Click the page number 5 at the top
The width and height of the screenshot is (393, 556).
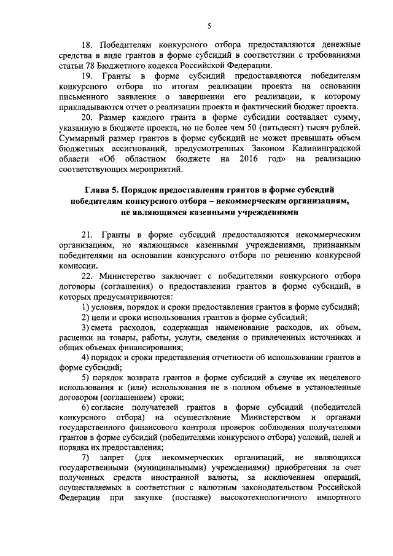point(208,25)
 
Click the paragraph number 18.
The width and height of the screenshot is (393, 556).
point(88,45)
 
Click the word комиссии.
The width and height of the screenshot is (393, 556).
point(79,265)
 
